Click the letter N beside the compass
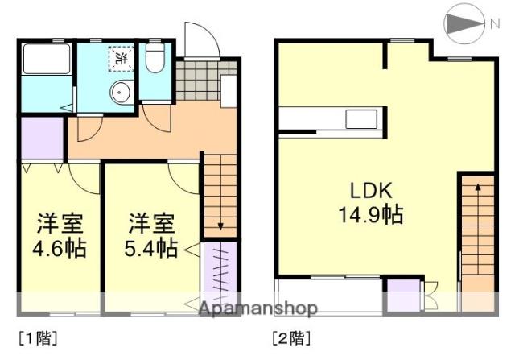tap(493, 25)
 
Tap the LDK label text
tap(370, 191)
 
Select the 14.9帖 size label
tap(370, 215)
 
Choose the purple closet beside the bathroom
tap(42, 139)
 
